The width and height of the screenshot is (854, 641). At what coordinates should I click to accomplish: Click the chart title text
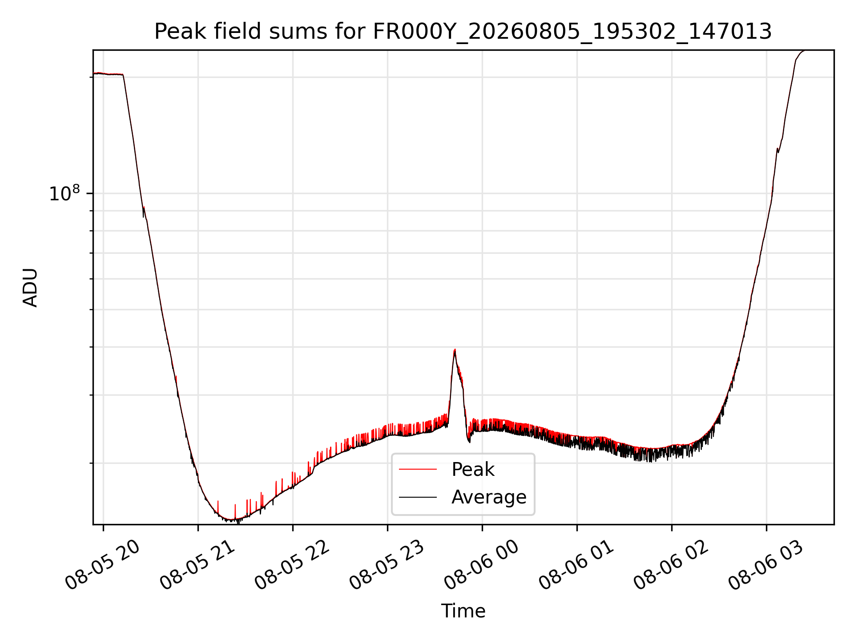(x=463, y=32)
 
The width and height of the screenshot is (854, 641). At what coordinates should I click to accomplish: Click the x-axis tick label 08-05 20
(x=103, y=565)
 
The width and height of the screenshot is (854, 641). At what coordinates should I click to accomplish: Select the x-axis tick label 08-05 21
(x=197, y=565)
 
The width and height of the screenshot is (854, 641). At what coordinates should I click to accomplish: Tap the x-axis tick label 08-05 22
(x=292, y=565)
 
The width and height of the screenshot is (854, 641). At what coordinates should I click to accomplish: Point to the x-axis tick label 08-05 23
(x=387, y=565)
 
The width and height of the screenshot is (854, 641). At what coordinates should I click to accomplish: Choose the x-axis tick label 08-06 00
(x=482, y=565)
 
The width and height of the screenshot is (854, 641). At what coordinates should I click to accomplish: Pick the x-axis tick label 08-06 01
(x=576, y=565)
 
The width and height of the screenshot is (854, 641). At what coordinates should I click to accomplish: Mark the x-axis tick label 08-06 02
(x=671, y=565)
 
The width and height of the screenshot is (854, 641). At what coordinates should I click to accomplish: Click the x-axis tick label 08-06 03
(x=766, y=565)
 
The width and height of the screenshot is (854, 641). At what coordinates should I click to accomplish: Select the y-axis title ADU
(x=30, y=288)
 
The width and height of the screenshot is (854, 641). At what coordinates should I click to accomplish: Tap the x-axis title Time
(x=463, y=611)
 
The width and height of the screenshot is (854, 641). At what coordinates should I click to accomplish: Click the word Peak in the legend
(x=473, y=470)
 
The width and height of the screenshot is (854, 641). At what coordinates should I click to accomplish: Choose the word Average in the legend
(x=489, y=497)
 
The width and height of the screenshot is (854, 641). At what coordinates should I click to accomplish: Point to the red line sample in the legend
(x=418, y=469)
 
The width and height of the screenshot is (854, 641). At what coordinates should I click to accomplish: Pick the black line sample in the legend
(x=418, y=497)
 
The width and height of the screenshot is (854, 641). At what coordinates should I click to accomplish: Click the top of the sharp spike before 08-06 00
(x=455, y=350)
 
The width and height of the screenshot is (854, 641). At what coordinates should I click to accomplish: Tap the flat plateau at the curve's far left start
(x=108, y=74)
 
